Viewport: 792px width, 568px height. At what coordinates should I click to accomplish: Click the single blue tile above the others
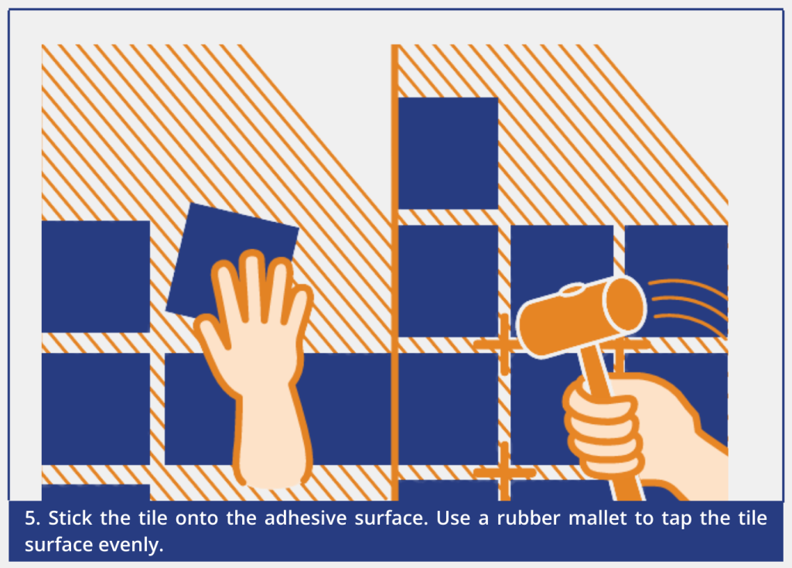448,153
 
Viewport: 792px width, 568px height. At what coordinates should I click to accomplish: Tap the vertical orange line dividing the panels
394,273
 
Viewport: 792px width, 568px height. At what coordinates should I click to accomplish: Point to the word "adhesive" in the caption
306,518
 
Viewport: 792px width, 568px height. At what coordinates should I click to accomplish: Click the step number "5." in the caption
32,518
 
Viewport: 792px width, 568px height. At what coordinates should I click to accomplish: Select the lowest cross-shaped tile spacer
504,472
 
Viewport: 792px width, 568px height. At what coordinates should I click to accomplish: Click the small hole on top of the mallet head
572,290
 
